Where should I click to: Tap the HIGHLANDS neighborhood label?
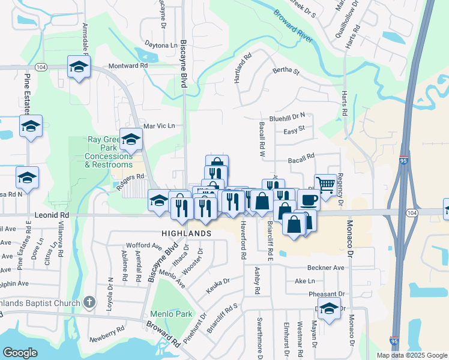tap(186, 233)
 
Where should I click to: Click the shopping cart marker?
tap(325, 185)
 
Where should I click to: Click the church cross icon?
tap(89, 302)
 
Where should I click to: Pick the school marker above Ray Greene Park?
tap(130, 139)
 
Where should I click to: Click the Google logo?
tap(20, 352)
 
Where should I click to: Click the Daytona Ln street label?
tap(161, 45)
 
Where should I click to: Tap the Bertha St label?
tap(286, 71)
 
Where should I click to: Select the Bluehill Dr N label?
tap(287, 115)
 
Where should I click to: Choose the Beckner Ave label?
tap(325, 268)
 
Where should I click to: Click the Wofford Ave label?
tap(144, 246)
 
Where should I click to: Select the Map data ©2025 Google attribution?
tap(411, 355)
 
